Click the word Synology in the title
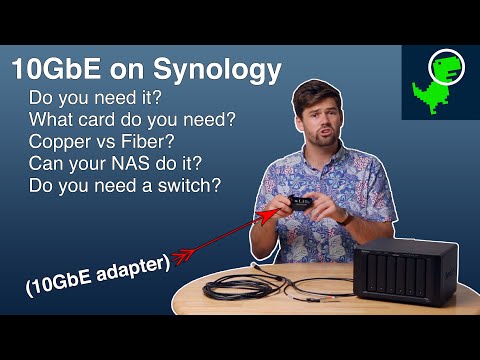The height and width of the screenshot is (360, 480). point(211,70)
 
